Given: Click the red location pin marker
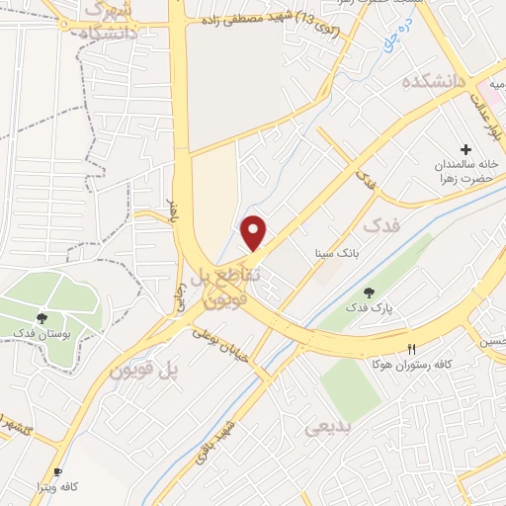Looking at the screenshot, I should (x=255, y=232).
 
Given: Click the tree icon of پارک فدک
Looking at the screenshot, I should (x=370, y=293).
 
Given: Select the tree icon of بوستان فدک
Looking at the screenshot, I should (x=42, y=318).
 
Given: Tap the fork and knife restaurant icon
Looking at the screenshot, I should (x=412, y=349).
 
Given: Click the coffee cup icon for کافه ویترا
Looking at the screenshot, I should (x=58, y=472).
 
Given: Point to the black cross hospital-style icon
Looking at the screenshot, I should (x=466, y=147).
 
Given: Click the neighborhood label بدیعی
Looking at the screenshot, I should (x=326, y=427).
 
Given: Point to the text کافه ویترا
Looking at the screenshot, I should (x=58, y=488).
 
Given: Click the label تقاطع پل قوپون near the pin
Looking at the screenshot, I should (x=222, y=283).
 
